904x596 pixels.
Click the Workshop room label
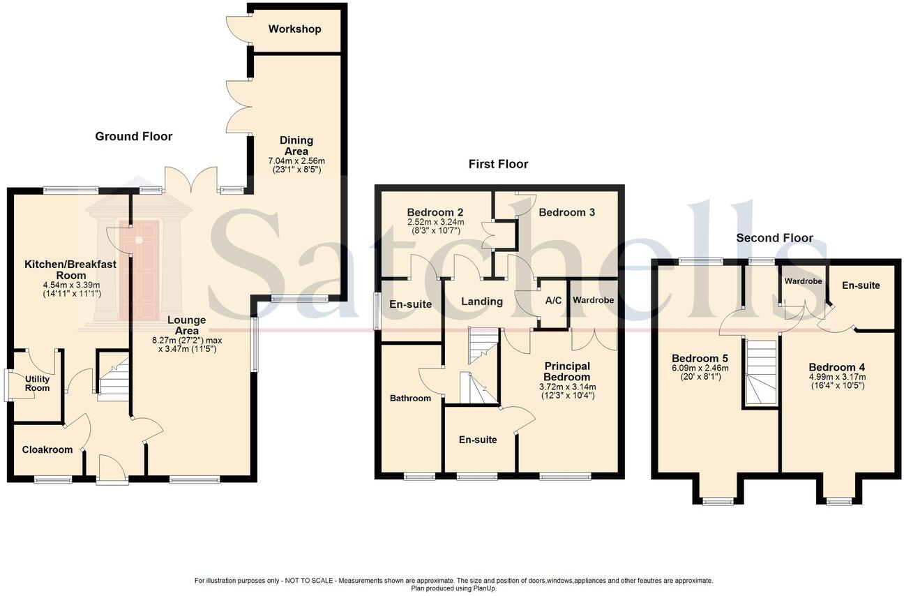tap(294, 29)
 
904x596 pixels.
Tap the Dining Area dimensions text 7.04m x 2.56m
tap(296, 161)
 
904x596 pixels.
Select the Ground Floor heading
tap(133, 136)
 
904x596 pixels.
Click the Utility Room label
tap(37, 383)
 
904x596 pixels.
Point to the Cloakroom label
tap(47, 450)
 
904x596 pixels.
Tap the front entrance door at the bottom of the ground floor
tap(112, 469)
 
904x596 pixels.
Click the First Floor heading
tap(498, 164)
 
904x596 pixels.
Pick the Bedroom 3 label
tap(566, 212)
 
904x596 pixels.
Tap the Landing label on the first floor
tap(482, 301)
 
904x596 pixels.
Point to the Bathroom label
tap(410, 398)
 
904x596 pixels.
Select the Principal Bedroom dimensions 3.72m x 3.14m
tap(566, 387)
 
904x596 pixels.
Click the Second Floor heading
tap(774, 238)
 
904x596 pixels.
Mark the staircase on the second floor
tap(760, 373)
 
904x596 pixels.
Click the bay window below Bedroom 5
tap(718, 500)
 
